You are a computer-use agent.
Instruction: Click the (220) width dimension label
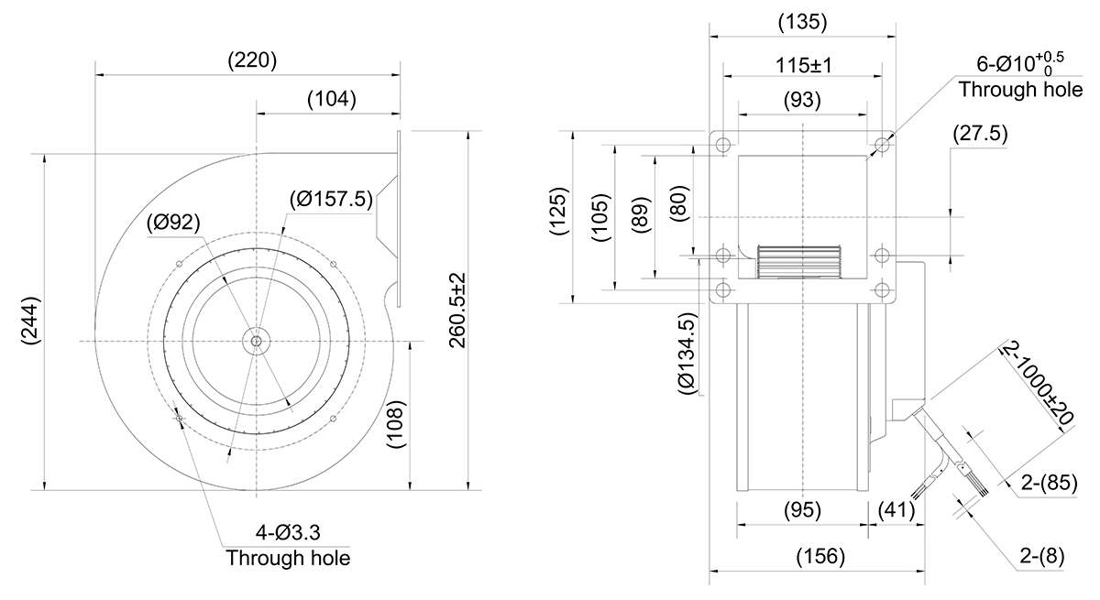click(x=252, y=60)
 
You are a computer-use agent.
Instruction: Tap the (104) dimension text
click(x=332, y=99)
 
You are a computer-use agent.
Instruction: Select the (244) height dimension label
click(x=30, y=321)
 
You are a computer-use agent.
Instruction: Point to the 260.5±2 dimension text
click(x=457, y=311)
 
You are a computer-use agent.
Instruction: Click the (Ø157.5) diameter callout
click(x=331, y=200)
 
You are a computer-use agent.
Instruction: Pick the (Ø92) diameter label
click(x=173, y=223)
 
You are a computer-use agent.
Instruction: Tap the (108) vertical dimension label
click(x=396, y=424)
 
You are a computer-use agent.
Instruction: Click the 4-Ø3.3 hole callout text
click(x=288, y=532)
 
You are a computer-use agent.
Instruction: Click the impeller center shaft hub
click(x=256, y=341)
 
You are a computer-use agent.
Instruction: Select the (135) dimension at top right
click(x=803, y=22)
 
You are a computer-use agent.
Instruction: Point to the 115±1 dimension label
click(x=803, y=65)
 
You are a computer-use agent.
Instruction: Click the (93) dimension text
click(x=802, y=100)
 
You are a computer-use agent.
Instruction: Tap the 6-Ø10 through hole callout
click(x=1020, y=77)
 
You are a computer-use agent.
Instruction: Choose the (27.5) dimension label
click(x=980, y=134)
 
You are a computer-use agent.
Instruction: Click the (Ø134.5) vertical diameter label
click(x=687, y=354)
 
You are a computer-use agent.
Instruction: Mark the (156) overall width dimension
click(x=820, y=556)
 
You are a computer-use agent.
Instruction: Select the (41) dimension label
click(x=896, y=511)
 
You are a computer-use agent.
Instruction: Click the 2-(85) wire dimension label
click(x=1049, y=483)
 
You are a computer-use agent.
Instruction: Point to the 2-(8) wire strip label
click(x=1042, y=556)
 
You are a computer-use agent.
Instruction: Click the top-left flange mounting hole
click(x=723, y=145)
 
